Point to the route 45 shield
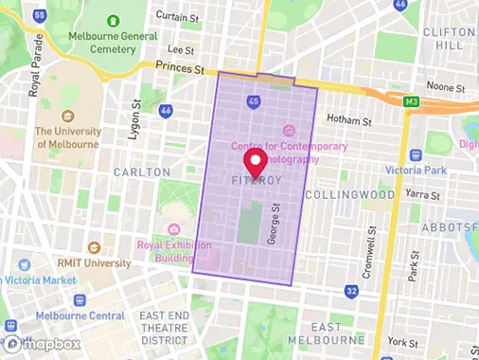tap(252, 100)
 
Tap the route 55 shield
tap(39, 15)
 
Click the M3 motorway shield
tap(412, 101)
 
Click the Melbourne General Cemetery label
tap(113, 36)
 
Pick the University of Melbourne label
tap(67, 137)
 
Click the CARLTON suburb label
tap(142, 172)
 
